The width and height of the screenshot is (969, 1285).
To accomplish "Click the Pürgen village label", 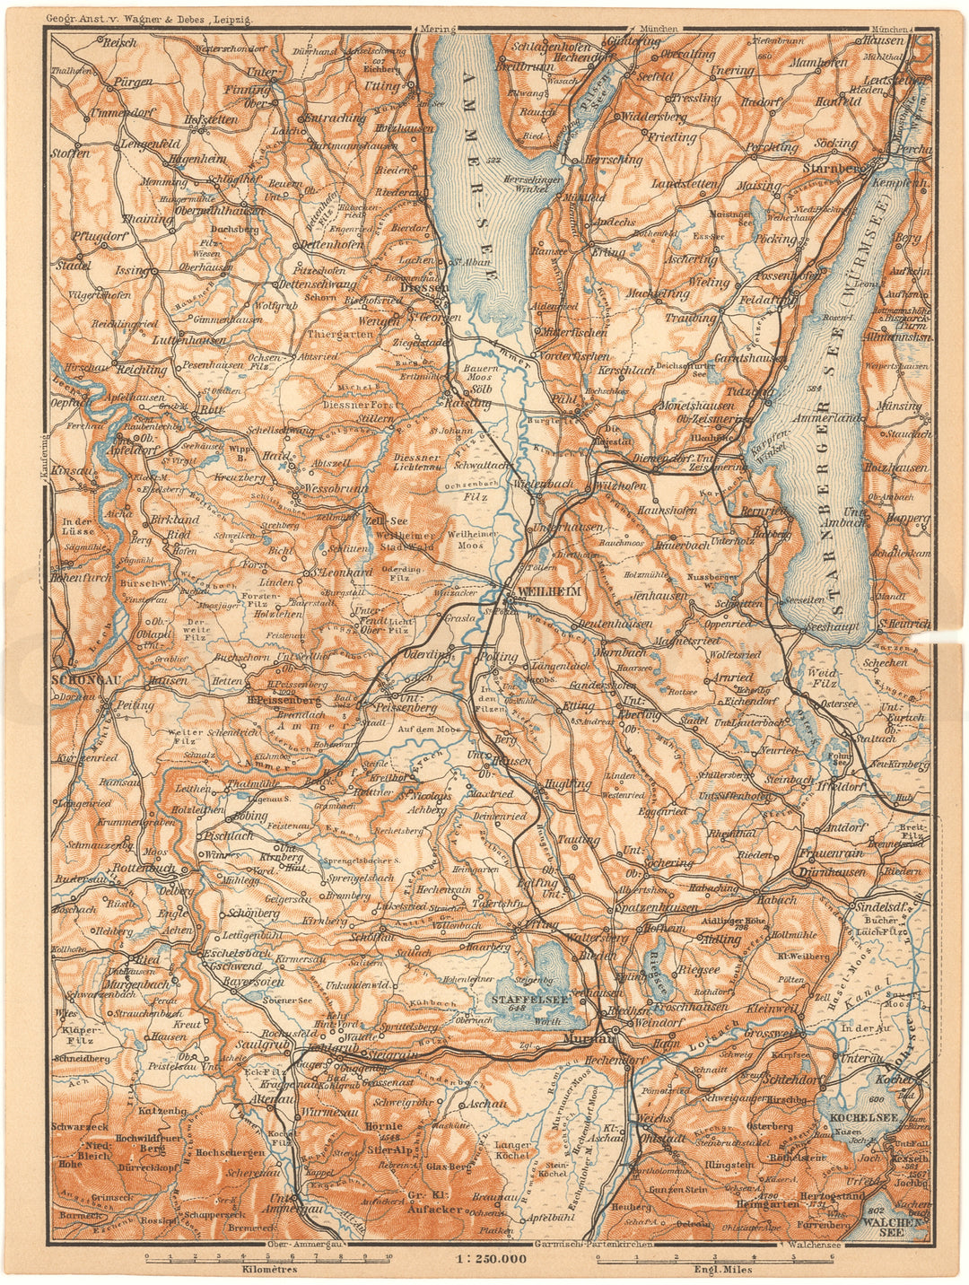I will pyautogui.click(x=133, y=82).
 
